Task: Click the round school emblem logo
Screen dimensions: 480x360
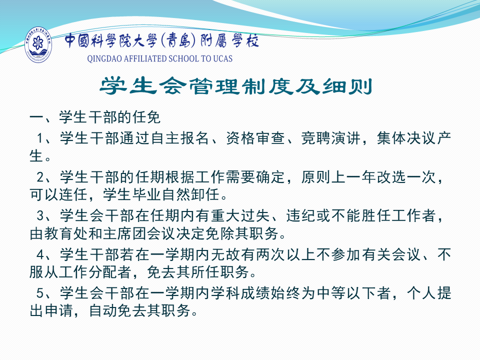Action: coord(38,44)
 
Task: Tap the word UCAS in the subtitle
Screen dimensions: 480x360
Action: coord(222,58)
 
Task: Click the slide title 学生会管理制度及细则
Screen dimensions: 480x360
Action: coord(236,86)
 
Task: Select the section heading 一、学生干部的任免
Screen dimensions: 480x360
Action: coord(95,117)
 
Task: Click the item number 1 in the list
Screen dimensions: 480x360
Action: coord(40,138)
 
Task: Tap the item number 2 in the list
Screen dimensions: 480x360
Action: coord(40,177)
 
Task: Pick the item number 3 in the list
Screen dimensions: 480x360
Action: coord(40,215)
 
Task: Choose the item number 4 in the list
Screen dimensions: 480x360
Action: coord(40,254)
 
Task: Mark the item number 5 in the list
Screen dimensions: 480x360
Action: coord(40,293)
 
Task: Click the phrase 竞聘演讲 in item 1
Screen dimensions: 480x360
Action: coord(331,138)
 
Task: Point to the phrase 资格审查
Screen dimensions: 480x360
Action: coord(256,138)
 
